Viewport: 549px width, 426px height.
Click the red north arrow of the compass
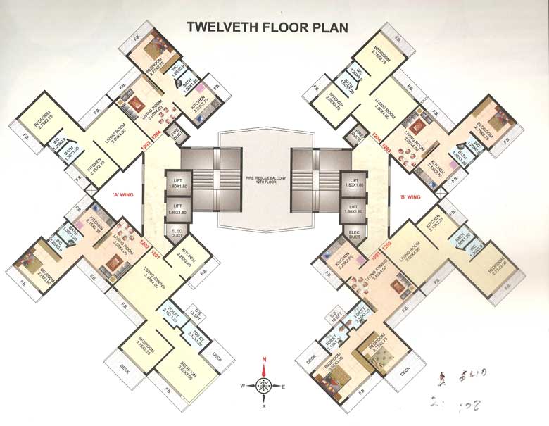pyautogui.click(x=264, y=367)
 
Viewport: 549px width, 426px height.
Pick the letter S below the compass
pyautogui.click(x=264, y=406)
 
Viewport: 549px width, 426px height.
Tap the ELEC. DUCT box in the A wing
pyautogui.click(x=175, y=233)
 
